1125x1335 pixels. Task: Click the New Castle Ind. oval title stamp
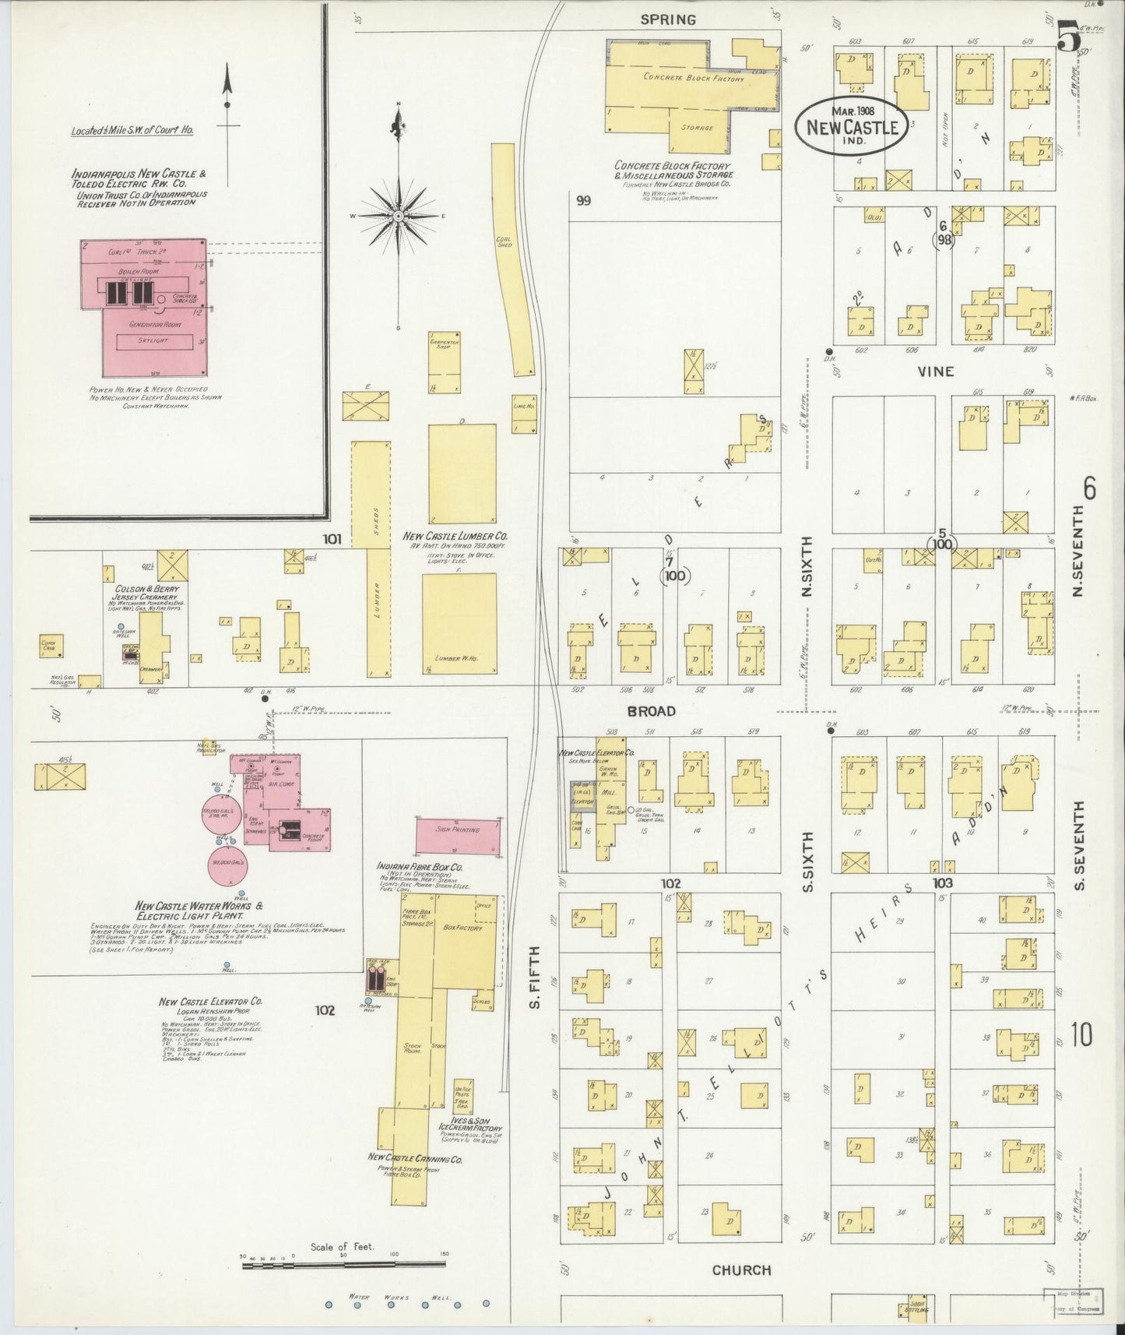point(853,125)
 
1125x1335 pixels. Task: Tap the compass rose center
point(398,215)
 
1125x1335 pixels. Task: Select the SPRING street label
point(667,19)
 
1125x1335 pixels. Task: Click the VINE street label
point(935,372)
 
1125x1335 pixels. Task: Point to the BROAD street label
point(650,710)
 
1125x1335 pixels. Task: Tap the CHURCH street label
point(741,1270)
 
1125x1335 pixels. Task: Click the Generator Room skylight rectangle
point(154,341)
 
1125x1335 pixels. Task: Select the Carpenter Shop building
point(444,362)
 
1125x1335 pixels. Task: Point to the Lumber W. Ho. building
point(459,623)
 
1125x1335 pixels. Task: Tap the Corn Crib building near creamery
point(52,646)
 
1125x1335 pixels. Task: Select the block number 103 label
point(942,882)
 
